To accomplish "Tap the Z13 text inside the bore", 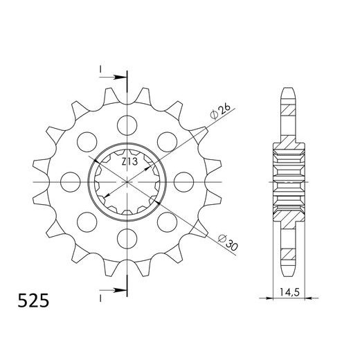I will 129,163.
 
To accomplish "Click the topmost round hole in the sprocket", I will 127,125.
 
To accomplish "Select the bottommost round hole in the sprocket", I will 127,238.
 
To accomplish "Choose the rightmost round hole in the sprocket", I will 183,182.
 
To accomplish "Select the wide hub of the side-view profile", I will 289,181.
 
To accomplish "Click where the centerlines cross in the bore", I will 127,182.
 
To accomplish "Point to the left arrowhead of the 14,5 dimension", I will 272,298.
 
